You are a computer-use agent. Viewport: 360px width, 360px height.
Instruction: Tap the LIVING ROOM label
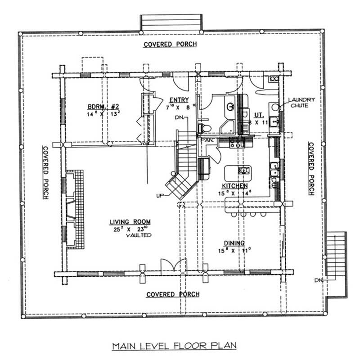click(130, 221)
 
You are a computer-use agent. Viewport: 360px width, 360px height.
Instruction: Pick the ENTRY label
click(179, 100)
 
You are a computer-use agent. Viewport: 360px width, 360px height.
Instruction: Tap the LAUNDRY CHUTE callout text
click(301, 103)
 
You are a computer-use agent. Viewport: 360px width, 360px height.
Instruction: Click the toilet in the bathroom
click(206, 128)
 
